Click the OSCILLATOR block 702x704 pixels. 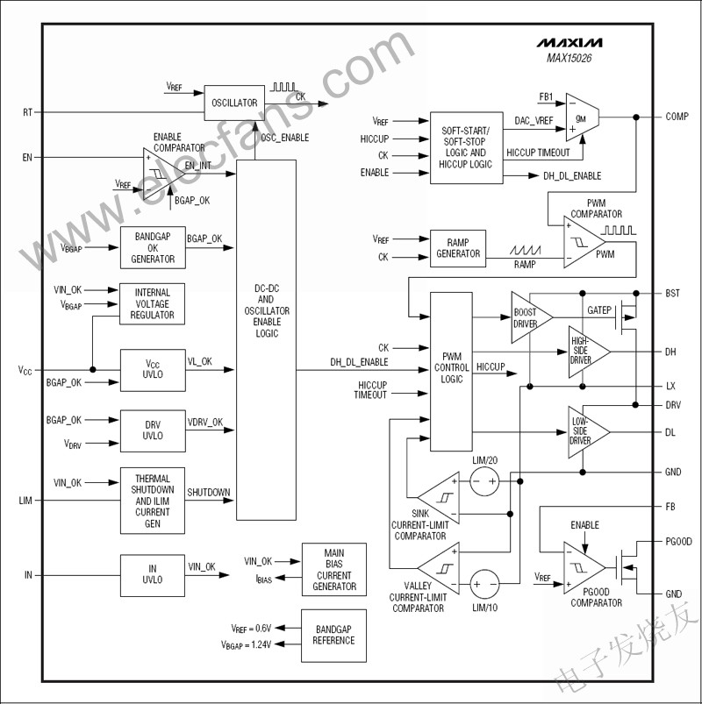234,103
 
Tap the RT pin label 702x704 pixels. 27,112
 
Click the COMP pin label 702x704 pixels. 677,117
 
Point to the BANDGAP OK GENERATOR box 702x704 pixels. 153,248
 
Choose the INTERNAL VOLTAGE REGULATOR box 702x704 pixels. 153,303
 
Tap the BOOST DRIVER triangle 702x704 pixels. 529,318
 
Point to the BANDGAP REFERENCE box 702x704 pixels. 333,635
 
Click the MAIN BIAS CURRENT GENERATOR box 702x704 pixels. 333,569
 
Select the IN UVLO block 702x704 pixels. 153,575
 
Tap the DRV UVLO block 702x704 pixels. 153,430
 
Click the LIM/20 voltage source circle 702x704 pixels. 484,481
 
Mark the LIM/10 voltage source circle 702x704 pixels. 484,582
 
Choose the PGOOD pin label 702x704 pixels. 678,542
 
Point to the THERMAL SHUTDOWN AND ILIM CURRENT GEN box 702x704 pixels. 153,501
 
